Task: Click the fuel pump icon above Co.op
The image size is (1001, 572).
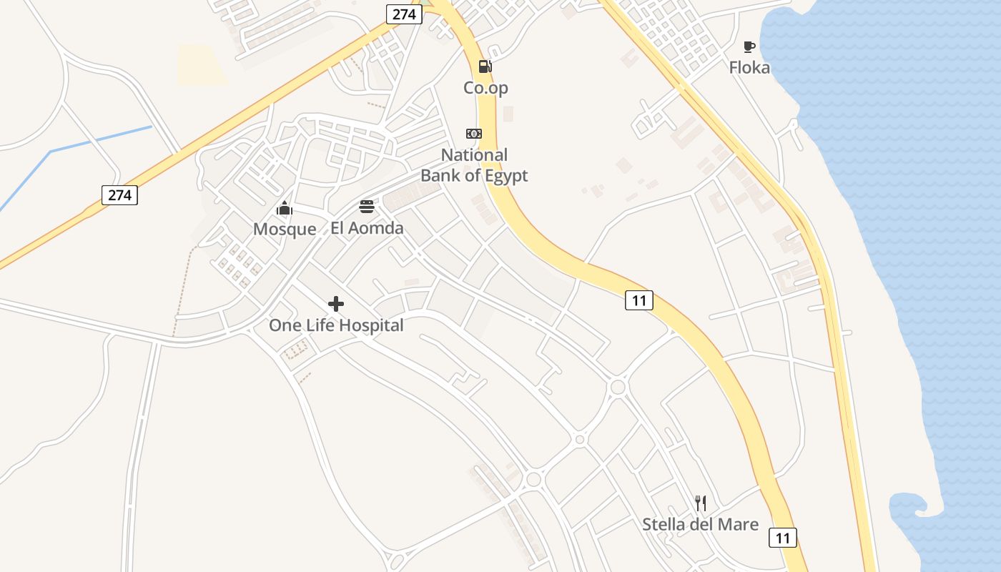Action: (485, 66)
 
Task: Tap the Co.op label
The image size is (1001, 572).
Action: (485, 88)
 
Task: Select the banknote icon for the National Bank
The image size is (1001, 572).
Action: (474, 134)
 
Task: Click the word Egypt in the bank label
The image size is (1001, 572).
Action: (504, 176)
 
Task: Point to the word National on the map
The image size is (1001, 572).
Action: (474, 155)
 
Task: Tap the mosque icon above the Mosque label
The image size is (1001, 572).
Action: (285, 209)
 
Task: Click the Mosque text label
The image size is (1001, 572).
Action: (285, 230)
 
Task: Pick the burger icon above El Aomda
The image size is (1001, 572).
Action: (367, 207)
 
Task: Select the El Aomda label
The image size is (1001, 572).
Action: (367, 229)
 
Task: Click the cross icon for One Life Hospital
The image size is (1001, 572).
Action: (336, 304)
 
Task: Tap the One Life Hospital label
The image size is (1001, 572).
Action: (336, 326)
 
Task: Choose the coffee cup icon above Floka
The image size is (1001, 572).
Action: (749, 47)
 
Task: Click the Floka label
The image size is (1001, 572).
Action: (749, 68)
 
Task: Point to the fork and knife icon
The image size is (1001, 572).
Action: (701, 503)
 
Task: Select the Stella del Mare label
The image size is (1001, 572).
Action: (700, 525)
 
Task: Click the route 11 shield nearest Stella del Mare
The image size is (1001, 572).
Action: (783, 538)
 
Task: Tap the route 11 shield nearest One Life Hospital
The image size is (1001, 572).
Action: (638, 300)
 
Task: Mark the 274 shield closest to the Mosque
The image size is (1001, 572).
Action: (119, 195)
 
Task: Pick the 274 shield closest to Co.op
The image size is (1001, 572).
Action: (404, 14)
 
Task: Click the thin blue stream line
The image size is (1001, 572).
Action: (100, 139)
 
